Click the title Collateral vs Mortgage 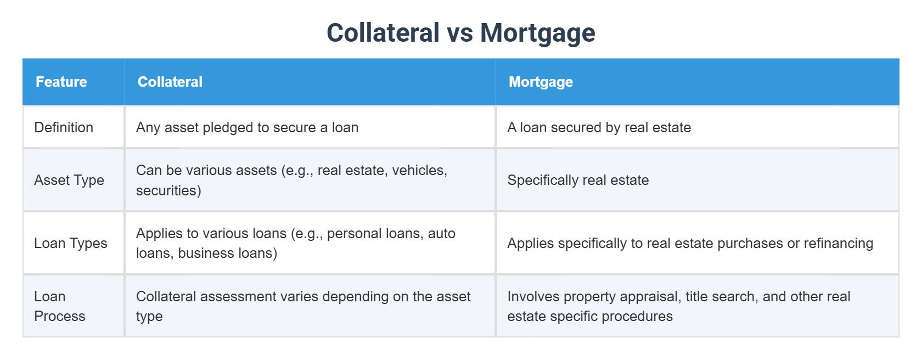[460, 33]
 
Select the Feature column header [61, 82]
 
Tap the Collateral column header [170, 82]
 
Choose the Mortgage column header [541, 82]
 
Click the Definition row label [64, 127]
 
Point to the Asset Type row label [69, 181]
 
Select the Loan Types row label [71, 244]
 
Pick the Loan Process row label [60, 306]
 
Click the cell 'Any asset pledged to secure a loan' [248, 128]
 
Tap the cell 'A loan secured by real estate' [599, 128]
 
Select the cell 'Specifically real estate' [578, 181]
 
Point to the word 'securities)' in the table [169, 191]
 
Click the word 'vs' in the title [460, 33]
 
